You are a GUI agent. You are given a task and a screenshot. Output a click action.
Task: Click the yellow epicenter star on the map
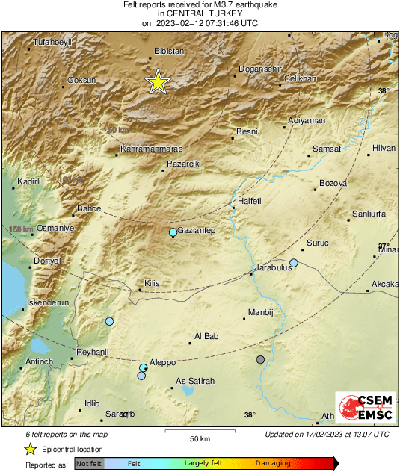click(x=158, y=82)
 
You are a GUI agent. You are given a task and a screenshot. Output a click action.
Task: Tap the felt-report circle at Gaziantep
click(x=173, y=232)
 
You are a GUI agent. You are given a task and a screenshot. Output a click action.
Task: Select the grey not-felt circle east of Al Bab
click(x=260, y=360)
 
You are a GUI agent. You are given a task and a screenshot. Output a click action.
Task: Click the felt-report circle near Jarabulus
click(x=294, y=263)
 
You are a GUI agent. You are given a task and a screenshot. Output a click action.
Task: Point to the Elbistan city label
click(x=168, y=51)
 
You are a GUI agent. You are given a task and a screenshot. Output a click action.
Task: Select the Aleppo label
click(x=162, y=362)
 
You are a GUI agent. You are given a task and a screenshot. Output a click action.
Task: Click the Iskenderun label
click(x=48, y=302)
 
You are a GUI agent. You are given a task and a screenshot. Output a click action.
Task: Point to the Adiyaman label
click(x=307, y=120)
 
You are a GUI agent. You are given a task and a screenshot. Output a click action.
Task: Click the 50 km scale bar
click(x=198, y=432)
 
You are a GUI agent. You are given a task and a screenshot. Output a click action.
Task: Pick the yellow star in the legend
click(x=30, y=449)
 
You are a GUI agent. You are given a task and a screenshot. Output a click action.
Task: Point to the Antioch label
click(x=39, y=362)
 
